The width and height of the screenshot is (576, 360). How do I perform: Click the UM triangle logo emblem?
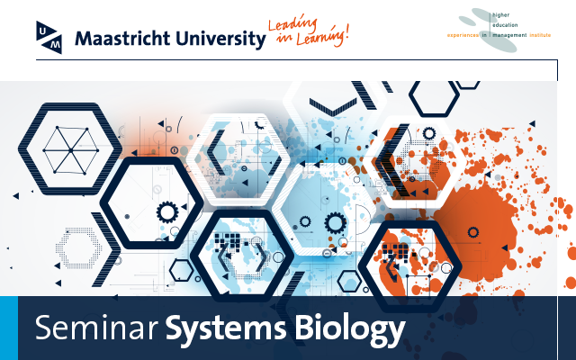[x=49, y=38]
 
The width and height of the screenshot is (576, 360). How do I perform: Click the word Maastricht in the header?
[x=122, y=39]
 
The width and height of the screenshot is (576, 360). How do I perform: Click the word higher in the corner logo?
[x=500, y=15]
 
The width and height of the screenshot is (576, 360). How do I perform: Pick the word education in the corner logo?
[x=505, y=25]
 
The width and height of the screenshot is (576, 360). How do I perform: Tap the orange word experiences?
[x=463, y=35]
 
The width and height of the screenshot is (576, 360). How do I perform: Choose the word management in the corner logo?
[x=509, y=35]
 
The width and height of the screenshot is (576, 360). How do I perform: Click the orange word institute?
[x=540, y=35]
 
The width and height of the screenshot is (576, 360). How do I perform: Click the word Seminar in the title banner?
[x=96, y=328]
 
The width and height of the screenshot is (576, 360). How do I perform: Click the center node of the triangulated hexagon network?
[x=70, y=150]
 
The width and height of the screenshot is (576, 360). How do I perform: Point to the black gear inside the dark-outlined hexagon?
[x=167, y=212]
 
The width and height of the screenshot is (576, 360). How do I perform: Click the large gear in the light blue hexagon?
[x=335, y=222]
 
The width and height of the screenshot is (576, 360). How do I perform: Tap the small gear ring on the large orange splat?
[x=473, y=232]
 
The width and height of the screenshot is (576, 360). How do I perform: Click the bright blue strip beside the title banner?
[x=9, y=328]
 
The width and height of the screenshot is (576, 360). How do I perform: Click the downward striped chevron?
[x=333, y=107]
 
